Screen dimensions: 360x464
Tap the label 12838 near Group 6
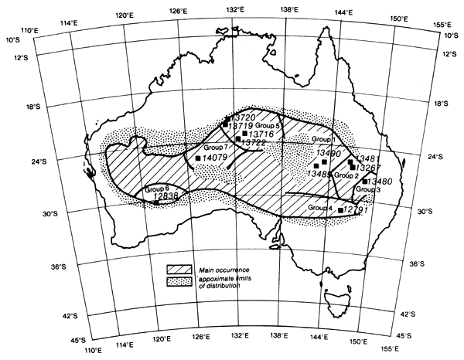[x=166, y=197]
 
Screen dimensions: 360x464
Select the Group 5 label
[x=268, y=124]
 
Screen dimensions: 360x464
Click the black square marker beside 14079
[x=199, y=158]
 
